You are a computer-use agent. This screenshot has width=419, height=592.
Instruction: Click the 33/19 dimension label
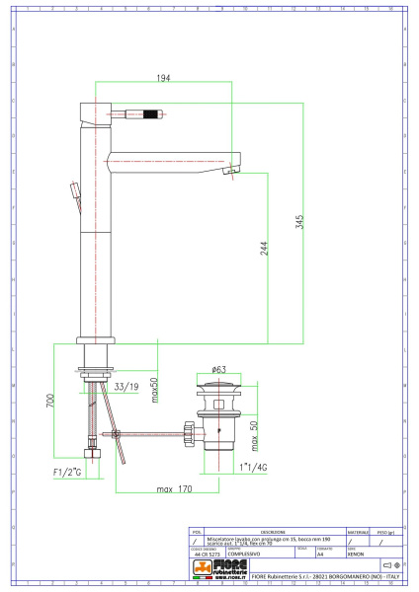pyautogui.click(x=126, y=387)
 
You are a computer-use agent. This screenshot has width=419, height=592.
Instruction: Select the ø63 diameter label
pyautogui.click(x=221, y=368)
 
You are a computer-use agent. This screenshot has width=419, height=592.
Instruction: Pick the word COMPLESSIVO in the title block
pyautogui.click(x=243, y=555)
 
